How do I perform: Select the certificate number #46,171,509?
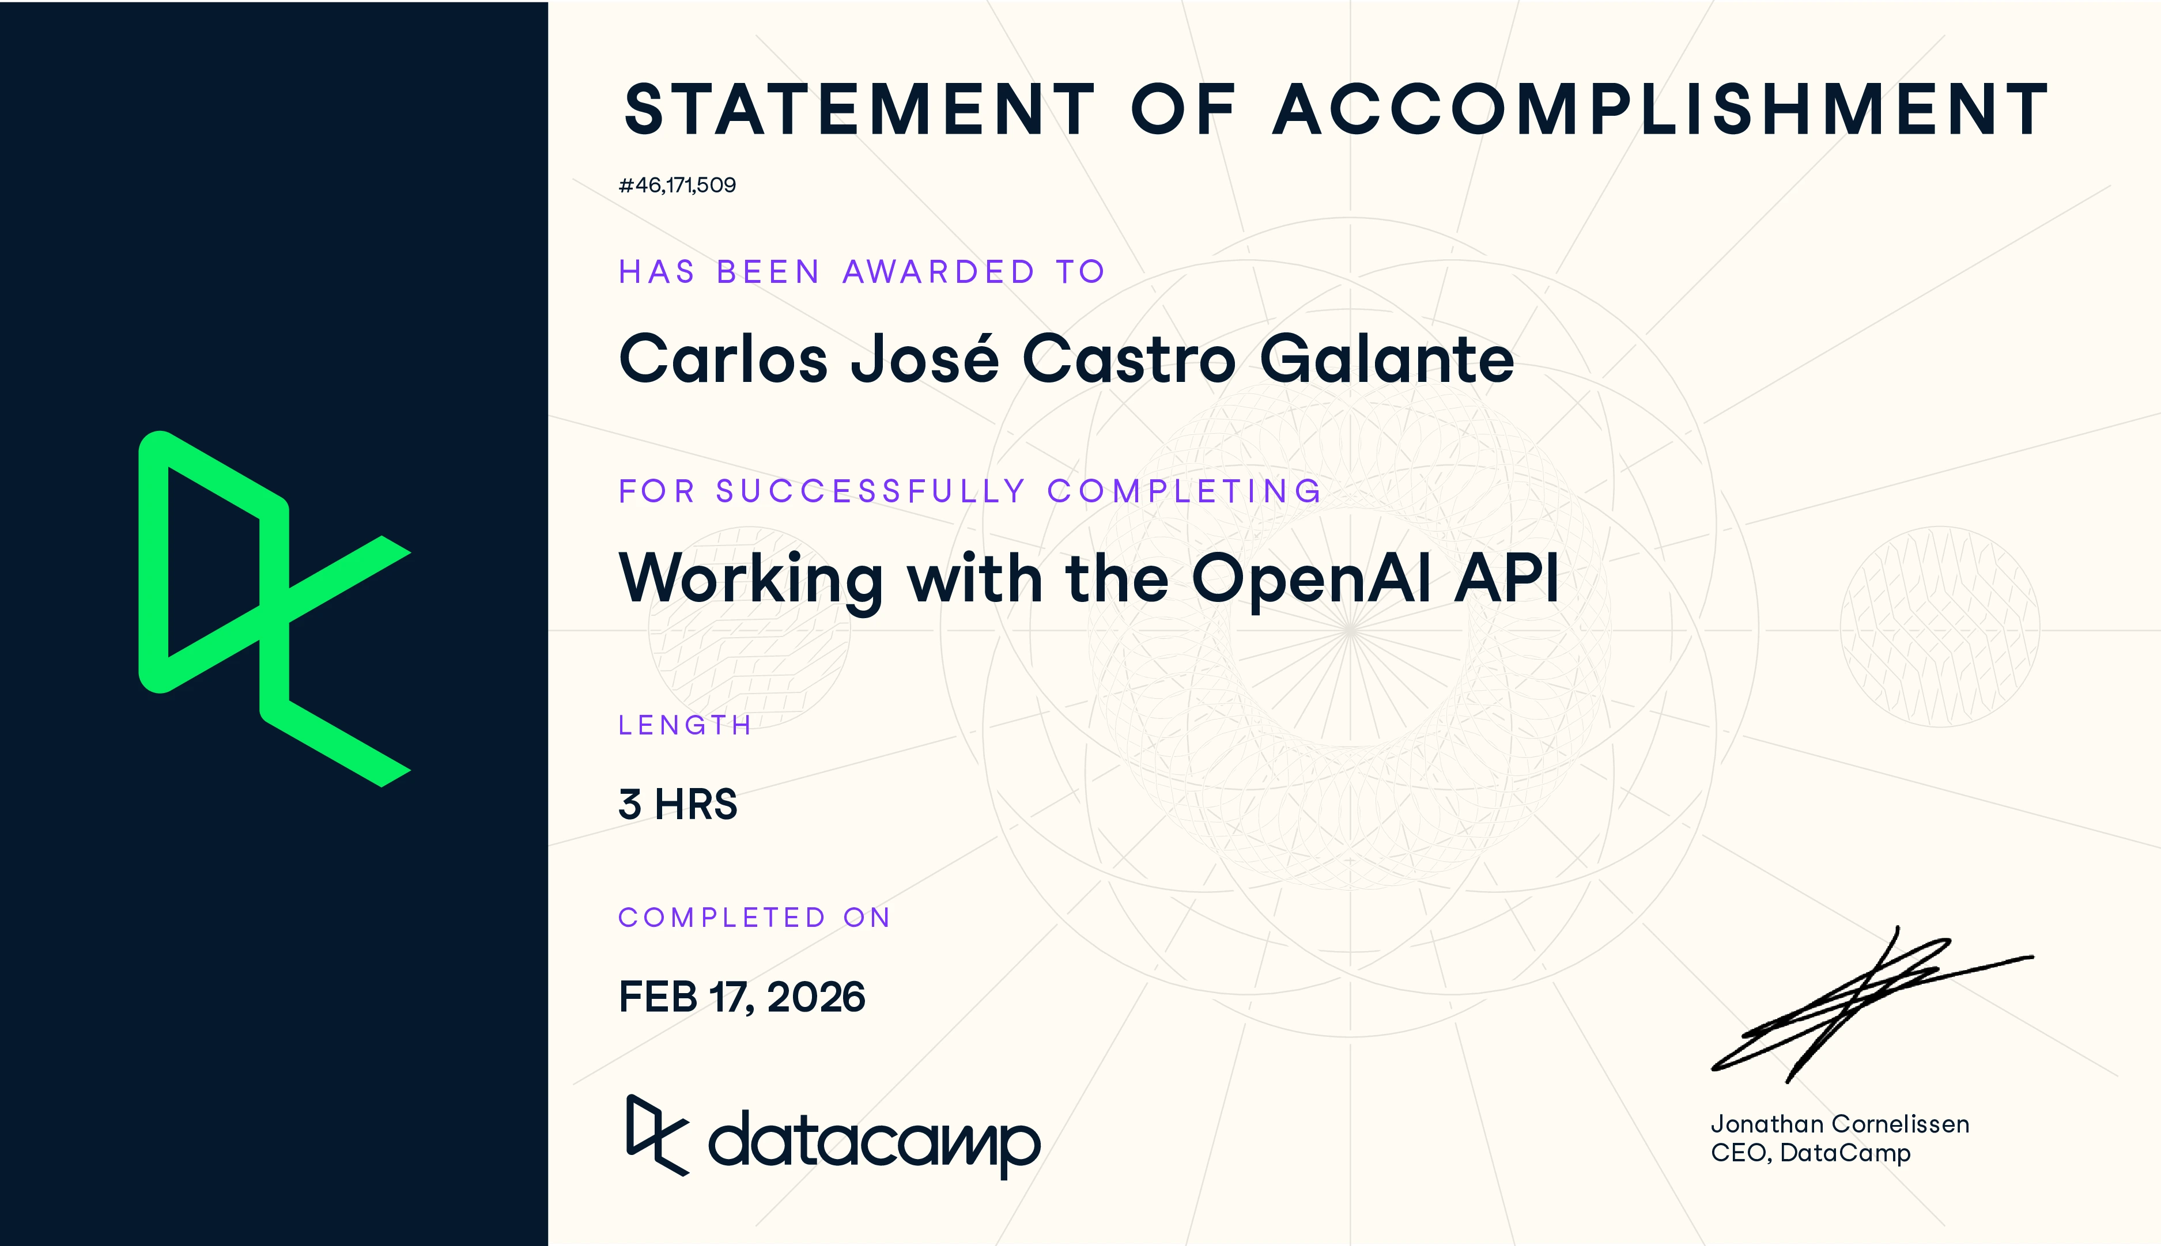(x=677, y=185)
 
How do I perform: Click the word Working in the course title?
(x=750, y=580)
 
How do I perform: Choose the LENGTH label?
(x=685, y=726)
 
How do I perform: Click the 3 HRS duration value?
(x=678, y=804)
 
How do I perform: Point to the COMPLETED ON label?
(x=754, y=918)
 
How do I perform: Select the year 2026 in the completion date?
(x=815, y=997)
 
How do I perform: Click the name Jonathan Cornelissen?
(x=1839, y=1124)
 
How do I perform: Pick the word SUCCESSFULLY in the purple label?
(x=870, y=491)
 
